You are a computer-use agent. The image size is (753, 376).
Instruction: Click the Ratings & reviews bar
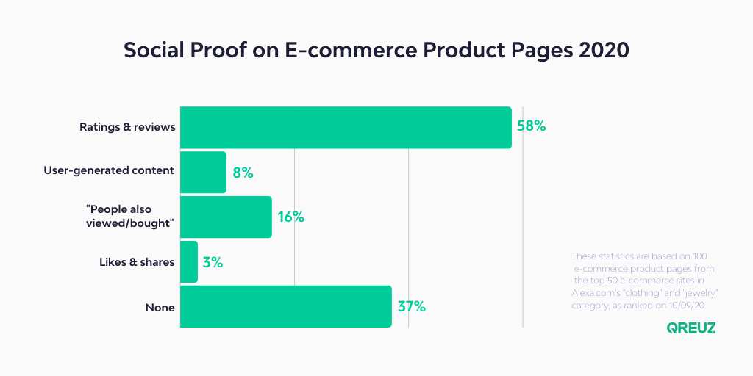[346, 128]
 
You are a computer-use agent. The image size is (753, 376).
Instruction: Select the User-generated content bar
[203, 172]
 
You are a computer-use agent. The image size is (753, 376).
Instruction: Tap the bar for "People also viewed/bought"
[226, 217]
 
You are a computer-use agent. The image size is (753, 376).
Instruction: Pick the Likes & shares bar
[189, 262]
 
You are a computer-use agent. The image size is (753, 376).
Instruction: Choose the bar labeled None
[286, 306]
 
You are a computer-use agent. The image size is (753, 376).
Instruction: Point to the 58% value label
[531, 126]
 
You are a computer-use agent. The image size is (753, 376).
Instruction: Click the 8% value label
[243, 173]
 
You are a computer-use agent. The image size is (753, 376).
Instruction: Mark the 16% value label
[291, 217]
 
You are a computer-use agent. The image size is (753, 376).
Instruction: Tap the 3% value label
[213, 262]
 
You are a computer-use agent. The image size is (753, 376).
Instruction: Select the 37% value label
[412, 307]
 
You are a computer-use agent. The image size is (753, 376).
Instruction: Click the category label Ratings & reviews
[126, 128]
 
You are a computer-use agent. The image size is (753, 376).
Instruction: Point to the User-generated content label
[109, 170]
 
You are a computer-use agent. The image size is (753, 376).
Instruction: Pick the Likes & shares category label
[137, 262]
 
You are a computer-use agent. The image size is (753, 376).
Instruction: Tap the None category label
[160, 308]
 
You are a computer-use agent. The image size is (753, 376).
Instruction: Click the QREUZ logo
[691, 328]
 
